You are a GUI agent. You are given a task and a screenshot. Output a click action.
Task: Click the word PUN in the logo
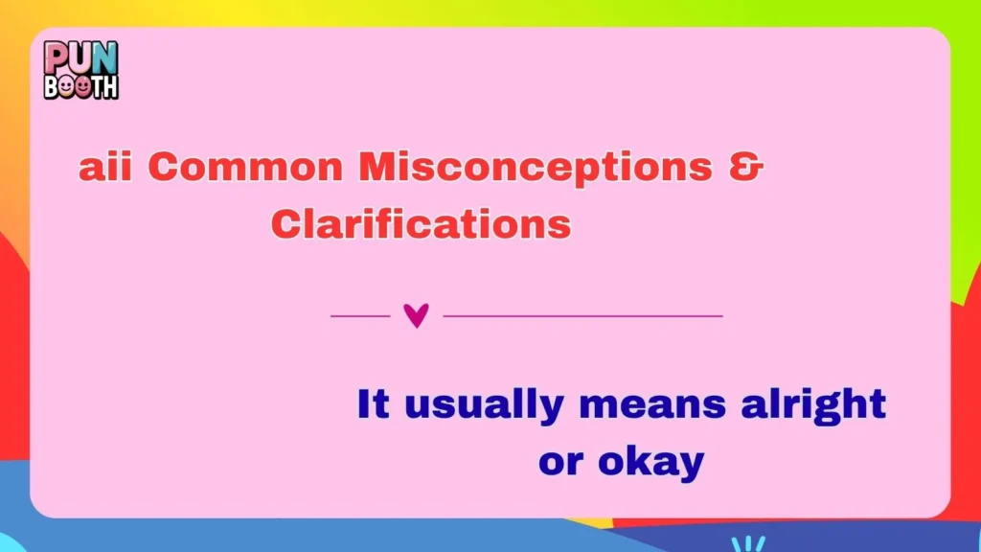80,57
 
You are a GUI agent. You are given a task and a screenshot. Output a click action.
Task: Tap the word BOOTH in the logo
80,85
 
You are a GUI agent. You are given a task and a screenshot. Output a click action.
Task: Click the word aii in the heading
105,169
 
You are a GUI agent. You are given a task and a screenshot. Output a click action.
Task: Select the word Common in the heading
245,169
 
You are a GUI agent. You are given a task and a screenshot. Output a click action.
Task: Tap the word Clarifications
421,225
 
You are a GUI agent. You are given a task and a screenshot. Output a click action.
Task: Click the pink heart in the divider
416,314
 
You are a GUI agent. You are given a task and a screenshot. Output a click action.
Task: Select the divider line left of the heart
360,314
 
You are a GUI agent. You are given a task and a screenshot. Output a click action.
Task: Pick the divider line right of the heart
582,314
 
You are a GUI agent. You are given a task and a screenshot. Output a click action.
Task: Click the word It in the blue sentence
373,403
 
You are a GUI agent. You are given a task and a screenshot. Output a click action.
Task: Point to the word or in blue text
560,463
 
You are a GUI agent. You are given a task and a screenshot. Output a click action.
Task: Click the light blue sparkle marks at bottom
748,543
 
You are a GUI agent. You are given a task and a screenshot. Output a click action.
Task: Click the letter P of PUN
57,57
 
